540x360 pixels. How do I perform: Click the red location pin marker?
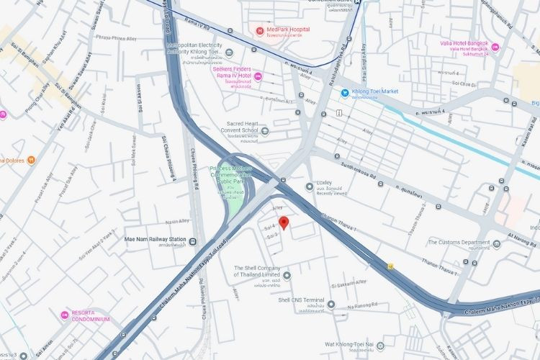[x=284, y=222]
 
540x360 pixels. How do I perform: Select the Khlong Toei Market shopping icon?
[x=345, y=92]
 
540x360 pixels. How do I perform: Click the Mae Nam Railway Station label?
[x=156, y=240]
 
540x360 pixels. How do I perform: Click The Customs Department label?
[x=459, y=242]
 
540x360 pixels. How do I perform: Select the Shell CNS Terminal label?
[x=301, y=300]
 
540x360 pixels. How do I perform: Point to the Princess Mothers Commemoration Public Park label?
[x=231, y=174]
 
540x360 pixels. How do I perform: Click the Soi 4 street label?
[x=270, y=228]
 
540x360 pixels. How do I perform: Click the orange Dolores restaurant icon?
[x=30, y=160]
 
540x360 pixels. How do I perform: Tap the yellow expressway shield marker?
[x=390, y=265]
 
